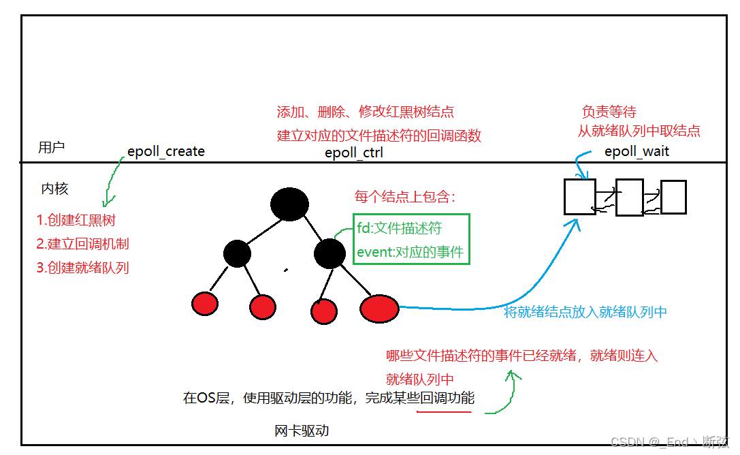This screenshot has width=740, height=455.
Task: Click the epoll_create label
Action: [166, 151]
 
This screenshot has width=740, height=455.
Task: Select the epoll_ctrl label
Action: [353, 153]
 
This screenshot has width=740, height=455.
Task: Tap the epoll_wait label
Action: [637, 151]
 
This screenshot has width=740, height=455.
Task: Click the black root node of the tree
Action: [289, 204]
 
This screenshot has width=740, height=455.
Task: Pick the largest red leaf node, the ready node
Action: [379, 309]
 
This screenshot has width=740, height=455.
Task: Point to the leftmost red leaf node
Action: [205, 303]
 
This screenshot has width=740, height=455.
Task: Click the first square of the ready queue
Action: [579, 197]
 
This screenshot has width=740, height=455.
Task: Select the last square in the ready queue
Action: [673, 197]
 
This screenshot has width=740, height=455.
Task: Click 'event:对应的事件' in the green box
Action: [410, 253]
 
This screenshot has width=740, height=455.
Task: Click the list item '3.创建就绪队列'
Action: [82, 268]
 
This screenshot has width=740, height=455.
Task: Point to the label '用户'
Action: [51, 148]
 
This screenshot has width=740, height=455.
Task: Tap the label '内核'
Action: [54, 189]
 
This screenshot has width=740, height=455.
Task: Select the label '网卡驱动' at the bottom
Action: [302, 431]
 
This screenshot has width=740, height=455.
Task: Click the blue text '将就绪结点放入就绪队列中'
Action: [585, 312]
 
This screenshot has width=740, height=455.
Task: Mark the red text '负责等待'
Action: [609, 112]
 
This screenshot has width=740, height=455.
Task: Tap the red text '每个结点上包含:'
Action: [404, 198]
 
